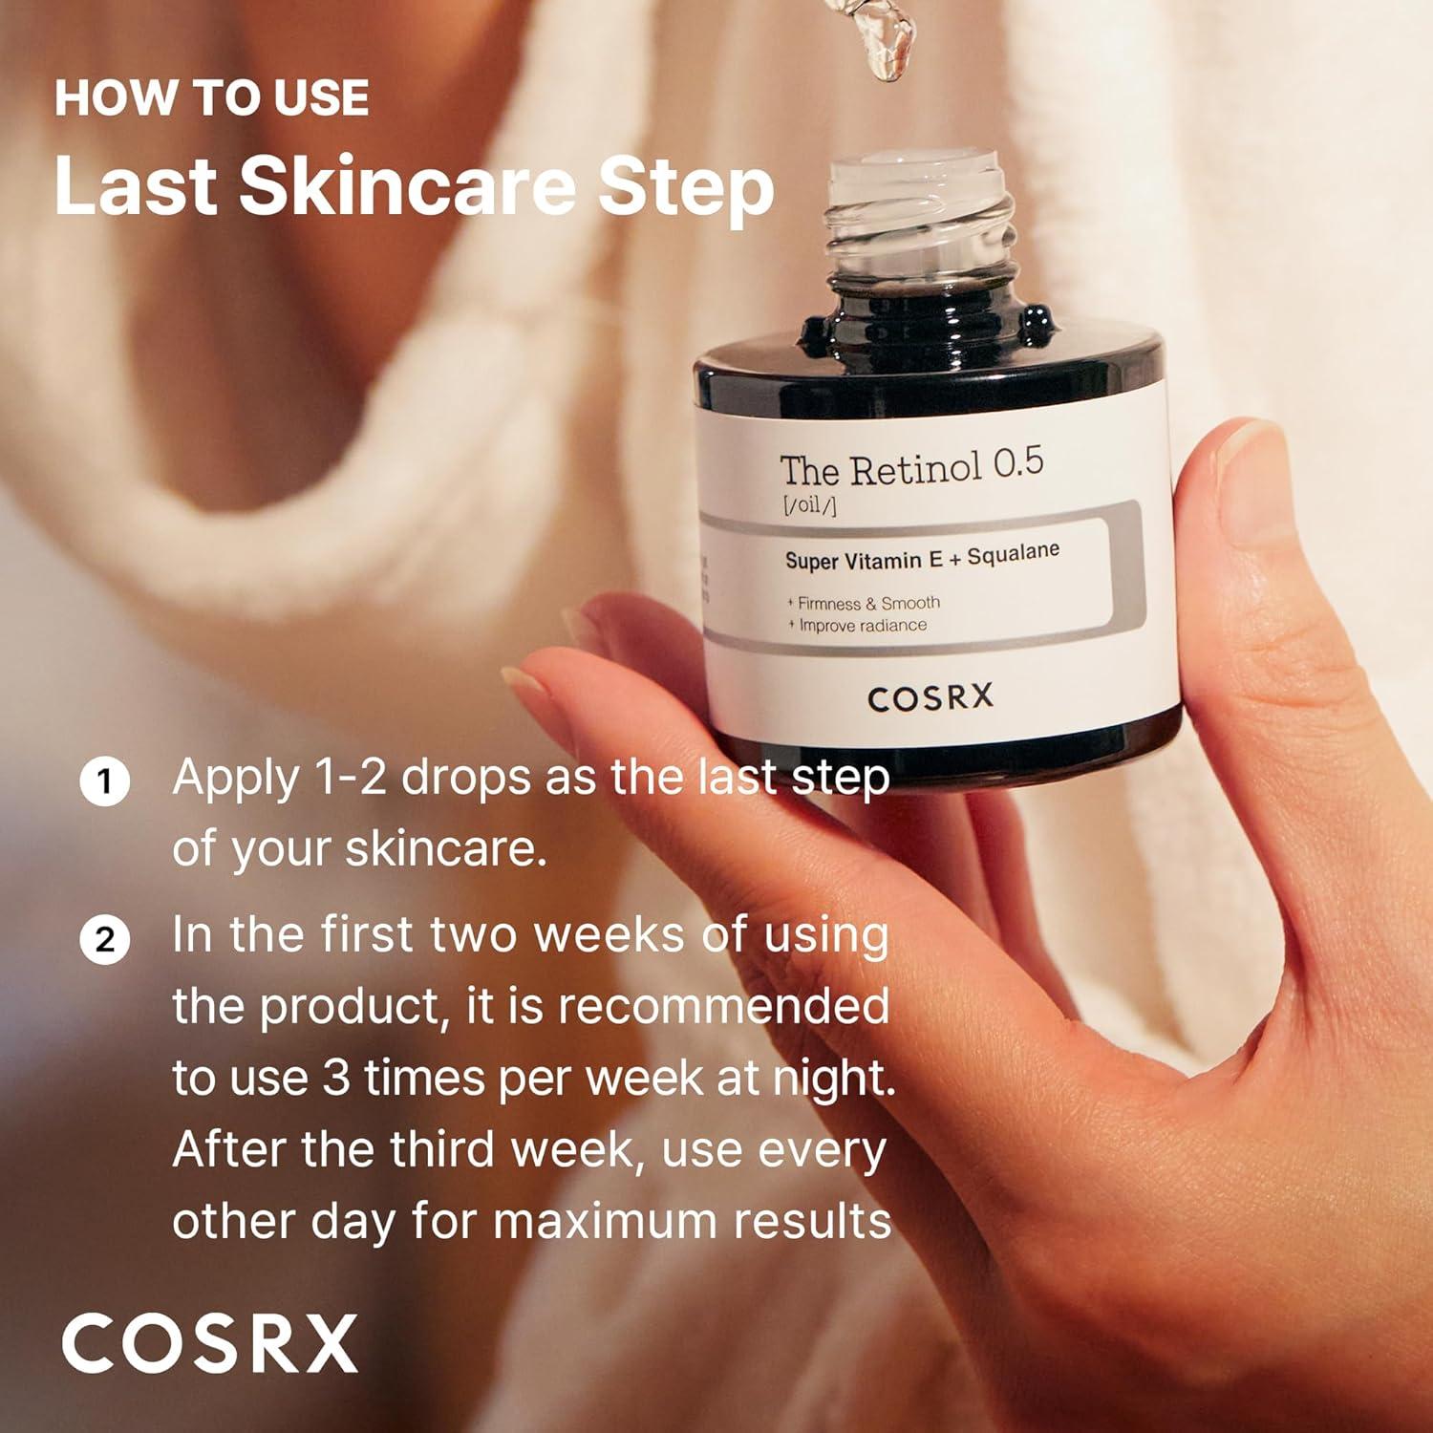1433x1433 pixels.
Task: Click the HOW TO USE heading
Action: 211,98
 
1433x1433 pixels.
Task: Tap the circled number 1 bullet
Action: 104,782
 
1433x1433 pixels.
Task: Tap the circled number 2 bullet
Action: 104,940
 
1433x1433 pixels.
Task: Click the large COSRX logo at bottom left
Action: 210,1343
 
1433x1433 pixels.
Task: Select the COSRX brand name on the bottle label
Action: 930,697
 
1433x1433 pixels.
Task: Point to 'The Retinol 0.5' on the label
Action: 911,466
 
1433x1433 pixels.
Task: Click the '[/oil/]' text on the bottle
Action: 808,504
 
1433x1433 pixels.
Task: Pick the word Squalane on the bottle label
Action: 1014,553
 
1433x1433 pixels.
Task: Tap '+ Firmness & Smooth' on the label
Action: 864,603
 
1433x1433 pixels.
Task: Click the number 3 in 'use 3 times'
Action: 335,1079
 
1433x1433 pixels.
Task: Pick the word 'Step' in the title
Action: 686,186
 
